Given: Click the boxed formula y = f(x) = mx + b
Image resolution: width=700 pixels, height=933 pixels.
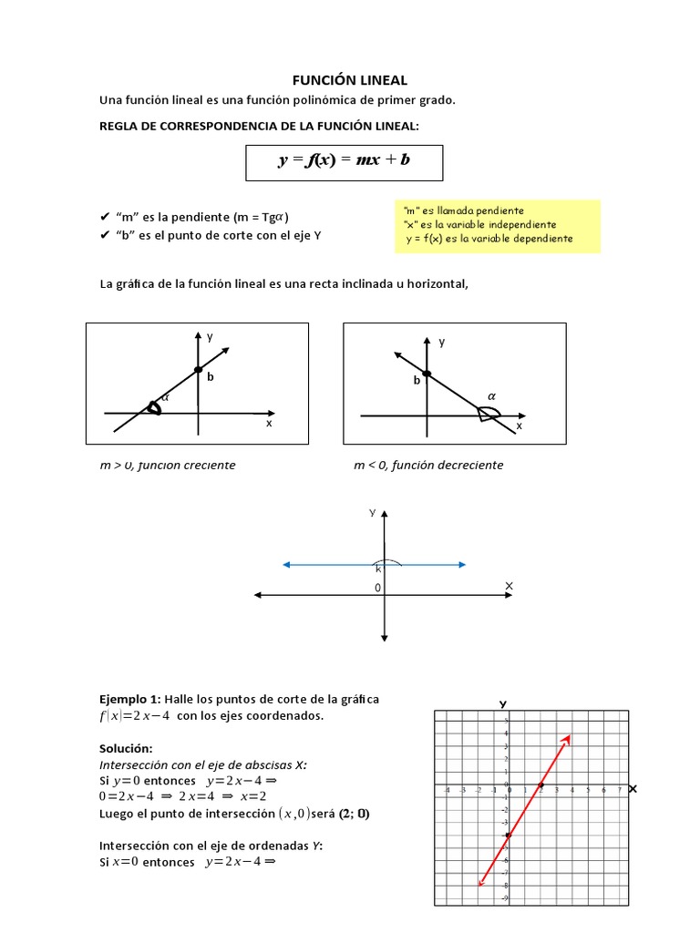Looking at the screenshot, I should pyautogui.click(x=344, y=160).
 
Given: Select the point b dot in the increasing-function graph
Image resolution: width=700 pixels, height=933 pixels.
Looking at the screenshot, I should pyautogui.click(x=198, y=369).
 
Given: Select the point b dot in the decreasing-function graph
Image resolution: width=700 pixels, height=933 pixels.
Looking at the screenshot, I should pyautogui.click(x=427, y=374).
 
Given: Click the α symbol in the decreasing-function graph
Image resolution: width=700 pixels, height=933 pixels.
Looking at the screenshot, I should pyautogui.click(x=491, y=396).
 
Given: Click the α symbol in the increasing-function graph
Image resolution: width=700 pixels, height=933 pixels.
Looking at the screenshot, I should pyautogui.click(x=165, y=397).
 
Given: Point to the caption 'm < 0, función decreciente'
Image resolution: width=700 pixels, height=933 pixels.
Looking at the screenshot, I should pyautogui.click(x=427, y=465).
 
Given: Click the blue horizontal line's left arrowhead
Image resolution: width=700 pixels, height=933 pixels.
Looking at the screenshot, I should pyautogui.click(x=286, y=565).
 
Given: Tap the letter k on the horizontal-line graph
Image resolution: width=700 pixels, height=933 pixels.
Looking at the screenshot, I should pyautogui.click(x=378, y=569).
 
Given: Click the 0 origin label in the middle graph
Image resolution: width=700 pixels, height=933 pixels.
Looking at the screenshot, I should pyautogui.click(x=377, y=589).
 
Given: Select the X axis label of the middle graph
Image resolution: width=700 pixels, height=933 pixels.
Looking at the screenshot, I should pyautogui.click(x=509, y=585).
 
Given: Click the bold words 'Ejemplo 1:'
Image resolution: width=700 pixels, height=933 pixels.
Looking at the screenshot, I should pyautogui.click(x=128, y=699).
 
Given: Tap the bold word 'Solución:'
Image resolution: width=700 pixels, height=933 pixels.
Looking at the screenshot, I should pyautogui.click(x=126, y=748).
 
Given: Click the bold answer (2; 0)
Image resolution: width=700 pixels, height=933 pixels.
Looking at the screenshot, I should pyautogui.click(x=352, y=814).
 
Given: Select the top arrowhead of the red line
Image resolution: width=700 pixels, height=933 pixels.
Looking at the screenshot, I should pyautogui.click(x=568, y=738).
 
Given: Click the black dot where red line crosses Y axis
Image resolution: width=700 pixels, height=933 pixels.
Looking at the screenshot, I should pyautogui.click(x=509, y=835).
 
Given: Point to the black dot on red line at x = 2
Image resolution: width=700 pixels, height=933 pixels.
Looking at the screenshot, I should pyautogui.click(x=540, y=785).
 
